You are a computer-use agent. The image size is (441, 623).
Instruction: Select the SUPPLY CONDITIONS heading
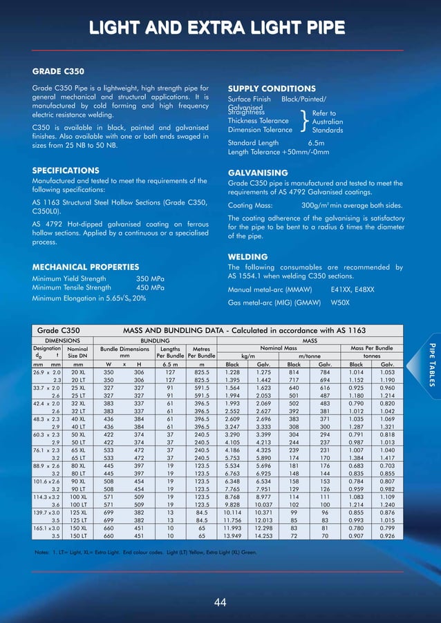coord(272,89)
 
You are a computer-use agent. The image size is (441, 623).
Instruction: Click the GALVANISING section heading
coord(258,173)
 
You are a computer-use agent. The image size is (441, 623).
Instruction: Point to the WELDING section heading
coord(247,257)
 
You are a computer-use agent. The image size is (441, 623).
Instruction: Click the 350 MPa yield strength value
coord(150,278)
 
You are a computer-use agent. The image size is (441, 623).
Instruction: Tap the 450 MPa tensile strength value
coord(150,288)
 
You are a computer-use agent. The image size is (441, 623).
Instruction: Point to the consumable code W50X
coord(340,303)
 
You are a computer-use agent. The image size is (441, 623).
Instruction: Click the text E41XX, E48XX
coord(353,290)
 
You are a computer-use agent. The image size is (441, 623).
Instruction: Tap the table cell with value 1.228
coord(228,372)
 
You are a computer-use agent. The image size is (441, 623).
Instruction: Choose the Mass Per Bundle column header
coord(372,348)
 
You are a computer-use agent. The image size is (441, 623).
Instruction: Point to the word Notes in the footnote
coord(42,553)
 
